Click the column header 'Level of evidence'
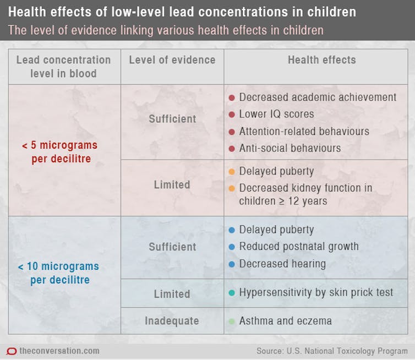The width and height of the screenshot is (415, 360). click(172, 60)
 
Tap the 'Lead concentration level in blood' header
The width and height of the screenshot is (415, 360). click(63, 66)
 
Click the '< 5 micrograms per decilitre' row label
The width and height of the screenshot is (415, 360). click(59, 152)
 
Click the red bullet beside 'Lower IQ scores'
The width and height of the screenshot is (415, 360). click(232, 114)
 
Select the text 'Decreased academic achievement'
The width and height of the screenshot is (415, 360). click(318, 97)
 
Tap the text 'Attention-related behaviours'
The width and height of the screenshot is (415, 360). click(304, 132)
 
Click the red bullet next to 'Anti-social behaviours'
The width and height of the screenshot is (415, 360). click(232, 149)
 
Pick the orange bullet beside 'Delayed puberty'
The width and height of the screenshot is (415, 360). click(232, 171)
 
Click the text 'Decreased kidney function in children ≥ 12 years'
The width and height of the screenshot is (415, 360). click(305, 194)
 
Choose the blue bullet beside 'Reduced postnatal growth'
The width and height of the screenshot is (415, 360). click(232, 247)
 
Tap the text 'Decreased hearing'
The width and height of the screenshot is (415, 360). click(282, 264)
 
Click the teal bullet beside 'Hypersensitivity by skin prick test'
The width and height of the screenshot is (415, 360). click(232, 293)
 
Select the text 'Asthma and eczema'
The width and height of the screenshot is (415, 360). click(285, 320)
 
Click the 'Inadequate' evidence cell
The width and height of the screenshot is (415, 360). click(172, 320)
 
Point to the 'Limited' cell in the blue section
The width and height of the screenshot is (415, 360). click(172, 294)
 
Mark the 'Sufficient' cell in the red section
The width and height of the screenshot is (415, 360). click(172, 118)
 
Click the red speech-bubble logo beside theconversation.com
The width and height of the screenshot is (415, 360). click(10, 351)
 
